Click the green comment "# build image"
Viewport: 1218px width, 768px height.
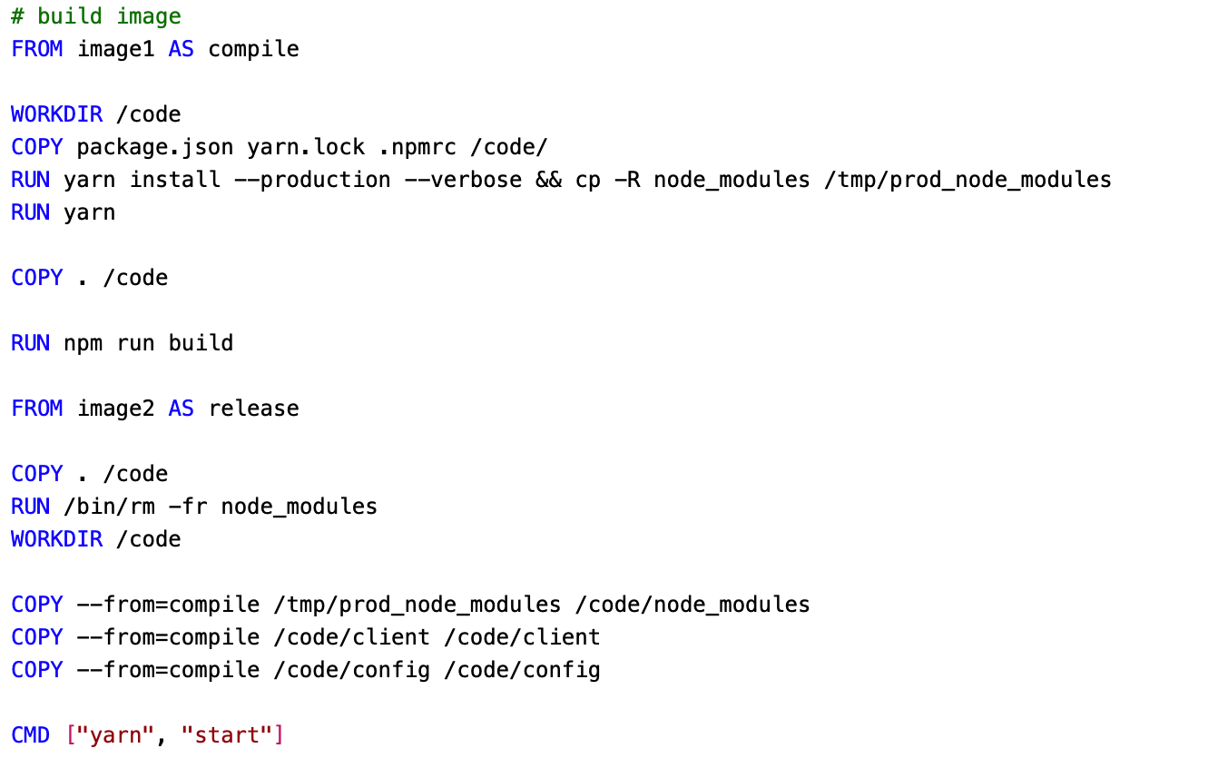[x=96, y=16]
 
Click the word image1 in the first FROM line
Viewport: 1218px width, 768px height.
[x=116, y=49]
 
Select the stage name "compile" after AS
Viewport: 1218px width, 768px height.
[x=253, y=49]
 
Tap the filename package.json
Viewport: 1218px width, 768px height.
[x=155, y=147]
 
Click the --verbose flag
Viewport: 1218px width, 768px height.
[x=463, y=180]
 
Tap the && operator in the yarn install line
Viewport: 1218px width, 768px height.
[x=548, y=180]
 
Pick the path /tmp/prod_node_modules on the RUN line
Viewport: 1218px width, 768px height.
[x=968, y=180]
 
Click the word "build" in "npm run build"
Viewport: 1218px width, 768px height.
[x=201, y=343]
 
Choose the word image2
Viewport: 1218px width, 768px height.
[x=116, y=409]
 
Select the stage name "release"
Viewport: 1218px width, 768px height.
[x=253, y=409]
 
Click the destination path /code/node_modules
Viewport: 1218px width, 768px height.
[x=692, y=605]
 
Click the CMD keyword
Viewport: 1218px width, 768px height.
[x=31, y=735]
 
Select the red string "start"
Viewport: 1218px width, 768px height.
[x=227, y=735]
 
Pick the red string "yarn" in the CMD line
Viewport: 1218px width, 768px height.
[x=116, y=735]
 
